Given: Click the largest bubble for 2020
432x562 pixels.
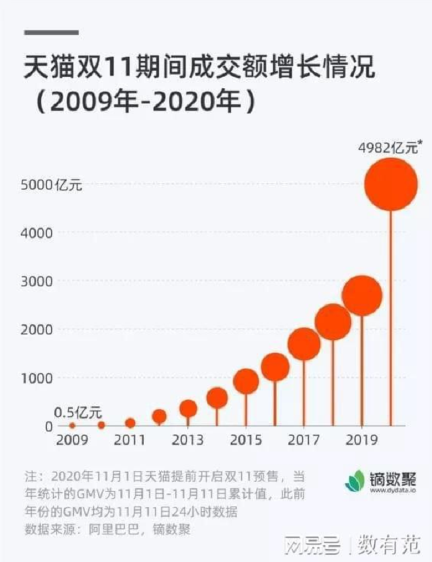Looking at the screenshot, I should pyautogui.click(x=391, y=184).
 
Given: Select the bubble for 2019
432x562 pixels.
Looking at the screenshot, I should pyautogui.click(x=362, y=295).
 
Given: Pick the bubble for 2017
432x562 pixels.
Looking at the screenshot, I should pyautogui.click(x=304, y=343).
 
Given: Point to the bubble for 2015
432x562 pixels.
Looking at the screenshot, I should pyautogui.click(x=246, y=381).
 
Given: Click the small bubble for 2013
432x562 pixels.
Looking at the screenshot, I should pyautogui.click(x=188, y=408).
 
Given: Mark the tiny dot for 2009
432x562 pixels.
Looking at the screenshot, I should pyautogui.click(x=72, y=425).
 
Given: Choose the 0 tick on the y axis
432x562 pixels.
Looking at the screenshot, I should pyautogui.click(x=49, y=426).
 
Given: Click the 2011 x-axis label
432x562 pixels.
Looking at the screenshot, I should pyautogui.click(x=130, y=440).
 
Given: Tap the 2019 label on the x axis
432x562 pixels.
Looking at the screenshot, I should pyautogui.click(x=362, y=440).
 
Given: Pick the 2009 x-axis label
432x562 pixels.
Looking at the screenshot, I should pyautogui.click(x=72, y=440).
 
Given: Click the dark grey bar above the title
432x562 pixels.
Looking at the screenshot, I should pyautogui.click(x=51, y=32).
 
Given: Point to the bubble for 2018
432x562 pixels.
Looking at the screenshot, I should pyautogui.click(x=333, y=322).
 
